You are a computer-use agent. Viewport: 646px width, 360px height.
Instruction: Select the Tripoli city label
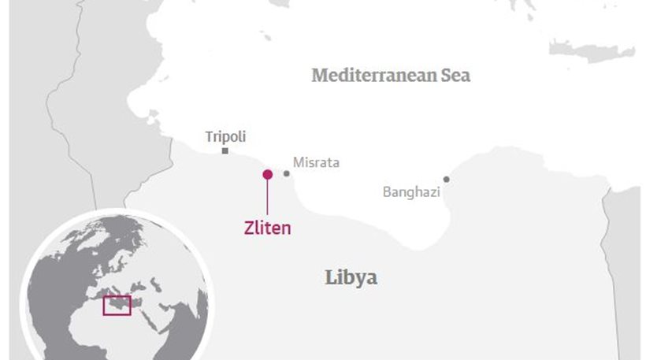225,137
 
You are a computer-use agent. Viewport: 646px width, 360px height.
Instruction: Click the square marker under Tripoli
225,150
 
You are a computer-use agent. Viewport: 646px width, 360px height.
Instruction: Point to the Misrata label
316,163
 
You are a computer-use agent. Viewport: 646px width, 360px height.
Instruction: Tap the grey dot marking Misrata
287,173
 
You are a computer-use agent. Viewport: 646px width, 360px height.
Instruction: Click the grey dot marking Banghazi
446,180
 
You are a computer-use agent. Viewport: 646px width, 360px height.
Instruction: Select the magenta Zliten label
267,228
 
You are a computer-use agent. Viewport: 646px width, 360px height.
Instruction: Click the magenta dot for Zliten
267,174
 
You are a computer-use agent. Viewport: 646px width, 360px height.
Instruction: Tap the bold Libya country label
351,277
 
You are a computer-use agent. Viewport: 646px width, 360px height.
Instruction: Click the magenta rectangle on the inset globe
117,306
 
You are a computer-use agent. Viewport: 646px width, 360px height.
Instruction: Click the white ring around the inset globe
118,213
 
